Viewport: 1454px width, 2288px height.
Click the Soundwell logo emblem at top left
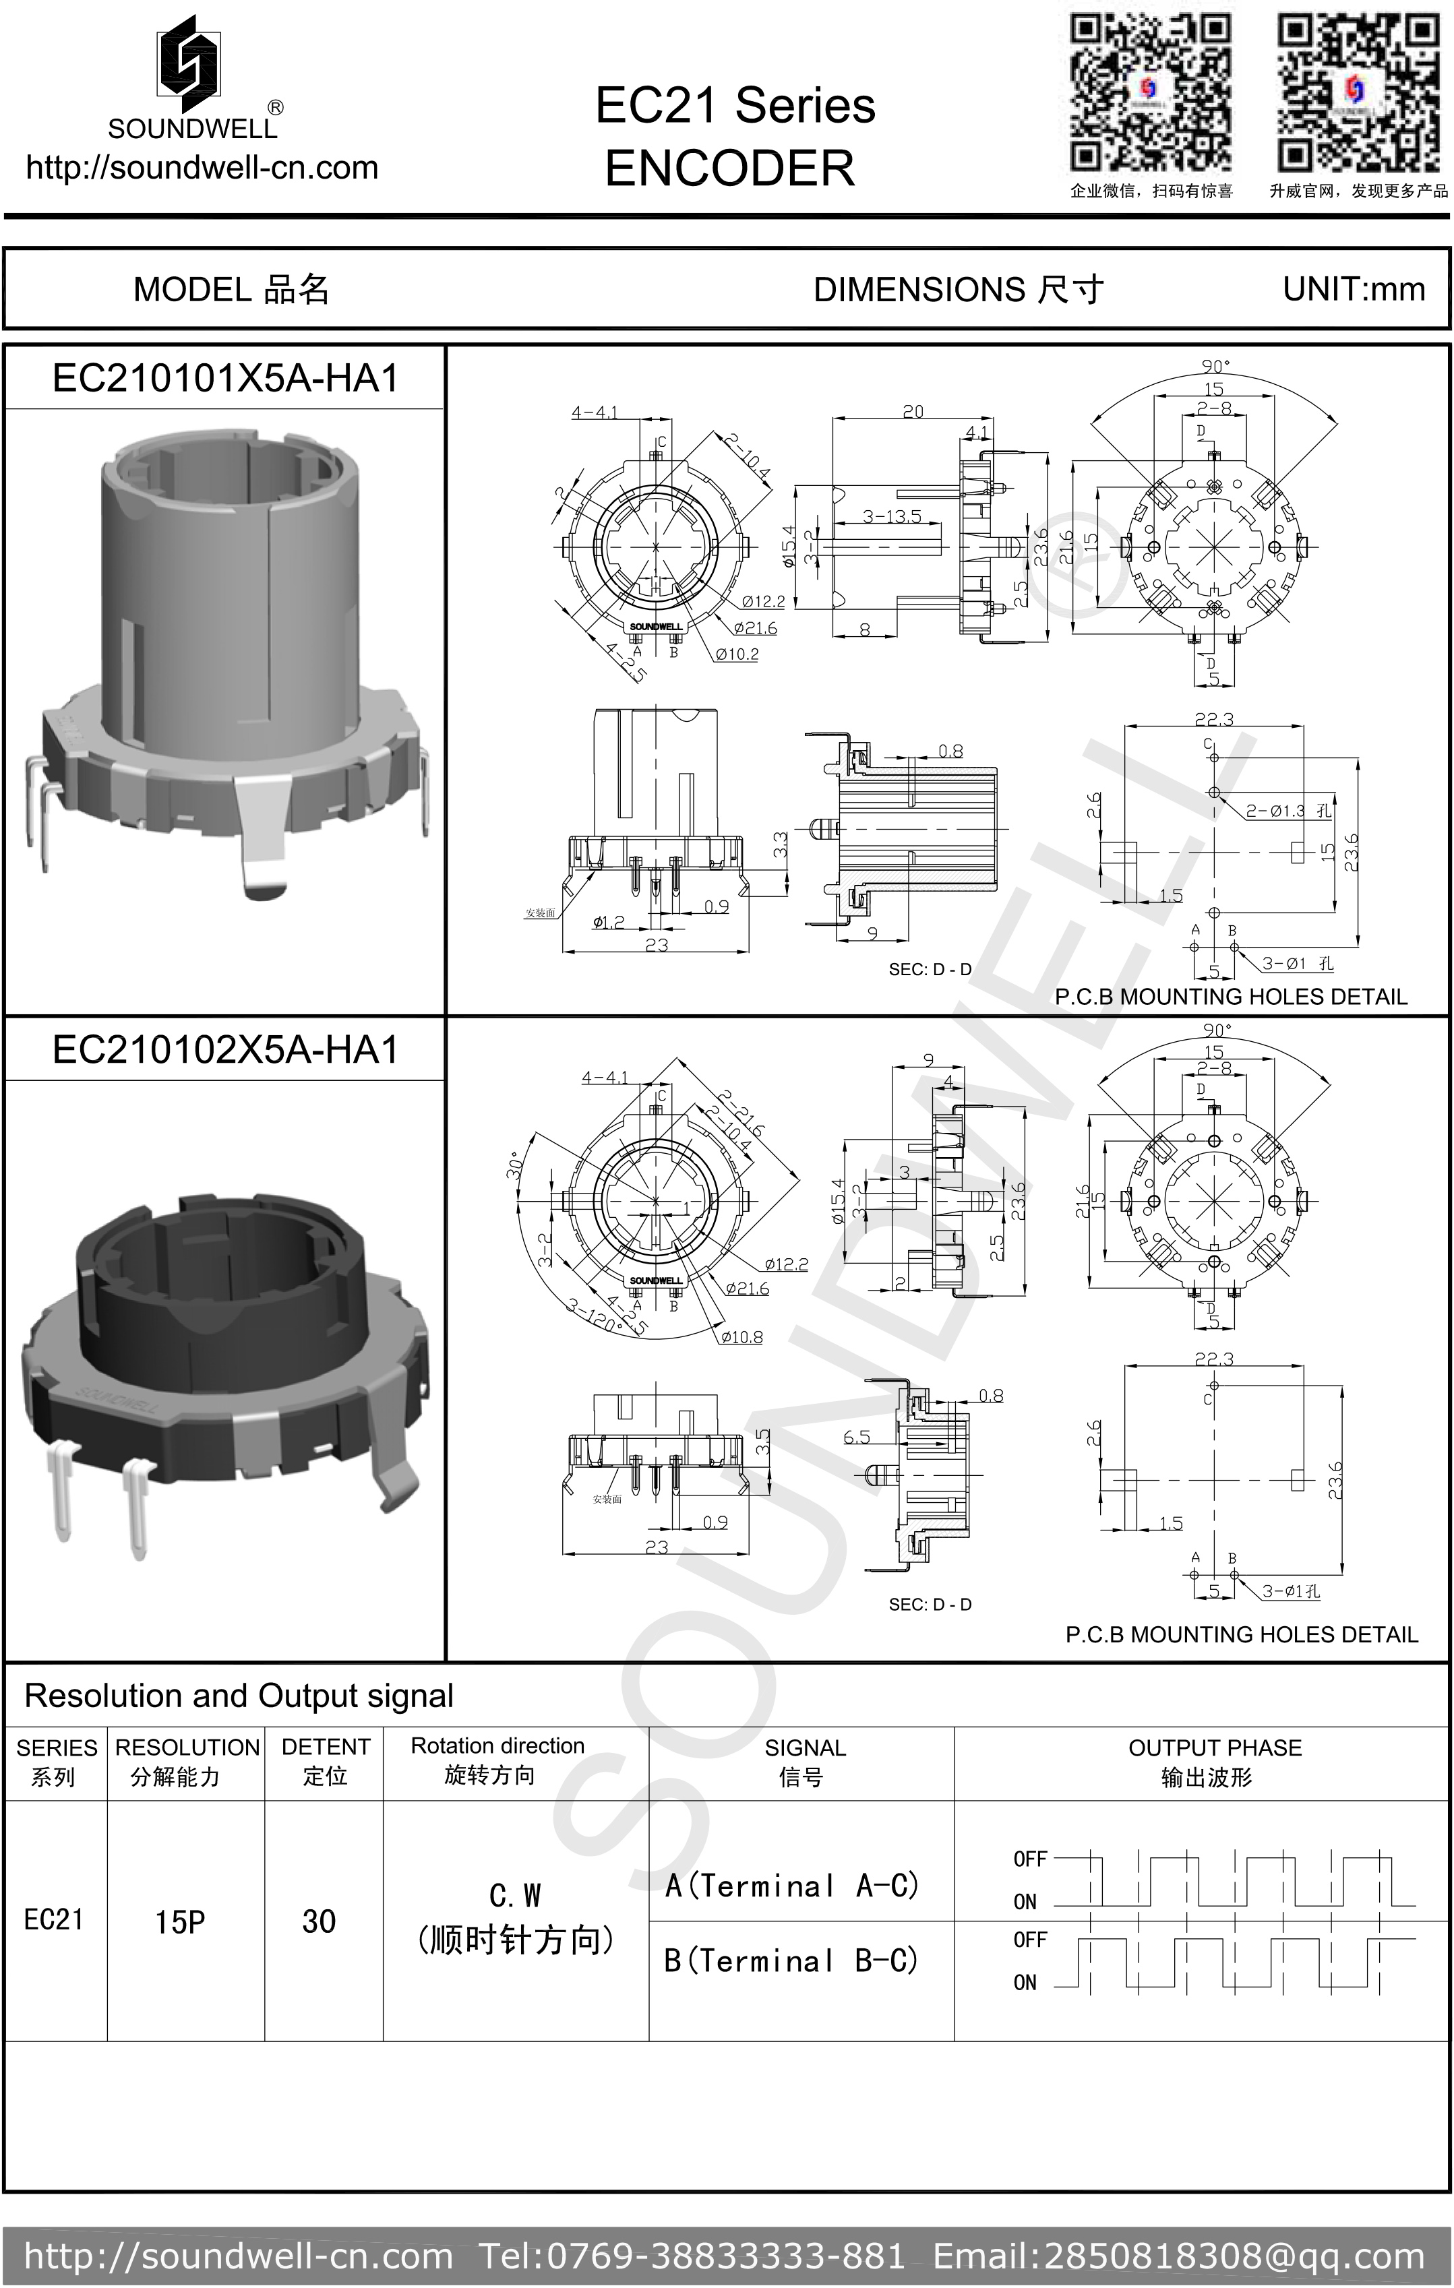click(190, 59)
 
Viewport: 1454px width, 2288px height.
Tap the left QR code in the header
click(1151, 93)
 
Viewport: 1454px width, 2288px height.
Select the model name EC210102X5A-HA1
click(225, 1050)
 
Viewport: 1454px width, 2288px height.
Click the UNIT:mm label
click(1354, 289)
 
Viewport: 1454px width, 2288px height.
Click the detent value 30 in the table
click(320, 1921)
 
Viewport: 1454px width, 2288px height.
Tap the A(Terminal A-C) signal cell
click(791, 1885)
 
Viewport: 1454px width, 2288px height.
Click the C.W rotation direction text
click(515, 1896)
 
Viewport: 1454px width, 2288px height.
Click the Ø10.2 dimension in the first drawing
click(737, 654)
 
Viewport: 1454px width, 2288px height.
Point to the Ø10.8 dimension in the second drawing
click(741, 1337)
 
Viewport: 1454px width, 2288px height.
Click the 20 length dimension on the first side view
click(912, 411)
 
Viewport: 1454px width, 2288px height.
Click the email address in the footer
click(1178, 2256)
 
